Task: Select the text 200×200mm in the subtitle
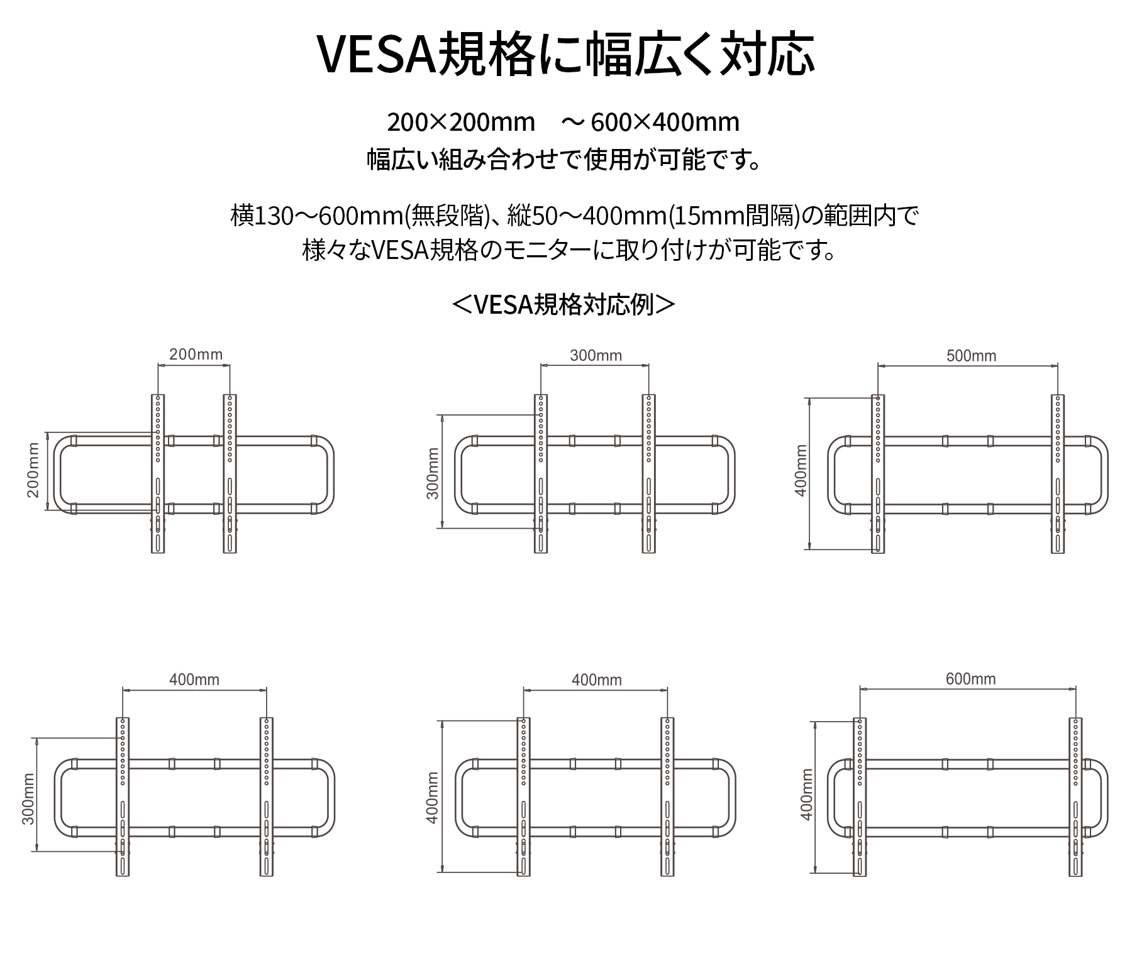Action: pos(461,122)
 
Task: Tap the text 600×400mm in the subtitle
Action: pos(665,122)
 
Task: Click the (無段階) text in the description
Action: pos(448,216)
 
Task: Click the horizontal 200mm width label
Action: pos(196,355)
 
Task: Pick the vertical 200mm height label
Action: pos(33,470)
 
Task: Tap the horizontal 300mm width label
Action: pos(596,356)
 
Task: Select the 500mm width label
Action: pos(971,356)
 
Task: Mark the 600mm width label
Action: pos(970,680)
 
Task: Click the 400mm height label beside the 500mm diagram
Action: pos(801,470)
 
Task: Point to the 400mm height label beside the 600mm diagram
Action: pos(807,794)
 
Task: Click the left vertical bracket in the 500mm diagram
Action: pos(878,474)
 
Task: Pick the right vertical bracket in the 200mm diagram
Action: pos(230,474)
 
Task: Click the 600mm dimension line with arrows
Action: pos(968,690)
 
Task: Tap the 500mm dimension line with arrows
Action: pos(968,366)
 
